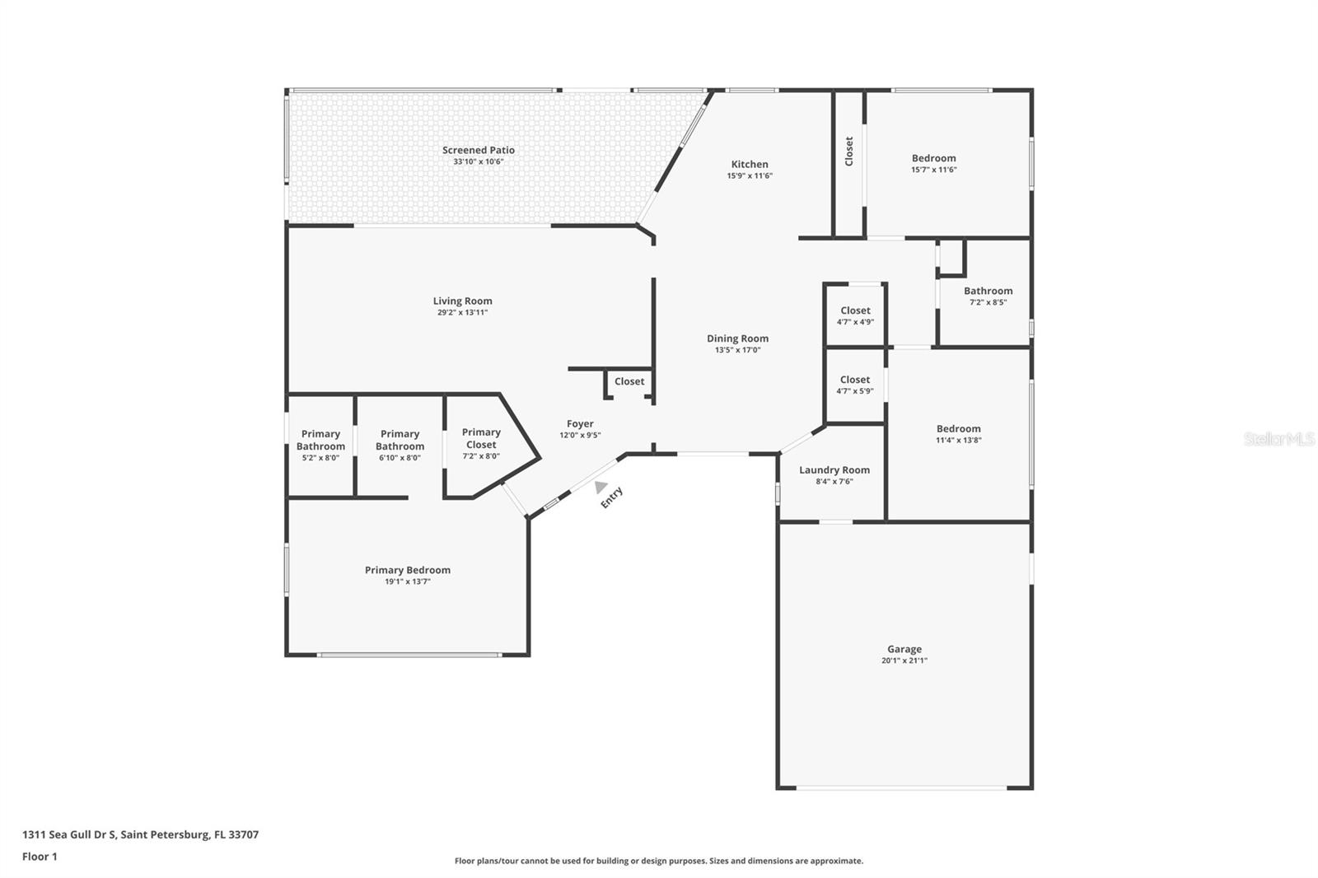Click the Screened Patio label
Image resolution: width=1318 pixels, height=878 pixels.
479,150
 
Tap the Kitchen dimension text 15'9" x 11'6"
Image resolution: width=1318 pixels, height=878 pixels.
750,175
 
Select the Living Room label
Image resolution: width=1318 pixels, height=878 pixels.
462,301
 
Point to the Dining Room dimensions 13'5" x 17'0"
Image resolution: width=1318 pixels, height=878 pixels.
738,349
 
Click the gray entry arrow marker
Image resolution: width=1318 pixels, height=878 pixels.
601,487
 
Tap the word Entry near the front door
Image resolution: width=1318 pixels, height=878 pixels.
611,497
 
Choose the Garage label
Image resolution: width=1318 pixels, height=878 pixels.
904,649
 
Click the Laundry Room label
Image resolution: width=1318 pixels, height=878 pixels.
834,469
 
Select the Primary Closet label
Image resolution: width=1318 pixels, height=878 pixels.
481,438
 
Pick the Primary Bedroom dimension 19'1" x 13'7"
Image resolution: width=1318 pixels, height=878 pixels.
408,581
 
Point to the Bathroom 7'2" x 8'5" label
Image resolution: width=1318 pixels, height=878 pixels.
988,291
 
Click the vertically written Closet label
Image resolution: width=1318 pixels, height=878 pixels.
848,152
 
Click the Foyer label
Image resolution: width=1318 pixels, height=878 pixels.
580,423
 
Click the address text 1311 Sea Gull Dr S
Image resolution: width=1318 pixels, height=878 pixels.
70,834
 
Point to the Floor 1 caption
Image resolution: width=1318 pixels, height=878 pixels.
40,857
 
